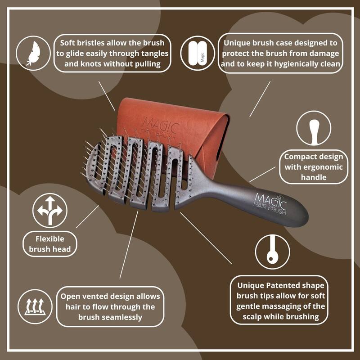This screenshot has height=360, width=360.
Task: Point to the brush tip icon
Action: click(x=272, y=251)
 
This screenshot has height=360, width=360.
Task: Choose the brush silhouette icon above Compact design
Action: click(x=314, y=128)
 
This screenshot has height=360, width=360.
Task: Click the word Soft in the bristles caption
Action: click(x=71, y=43)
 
